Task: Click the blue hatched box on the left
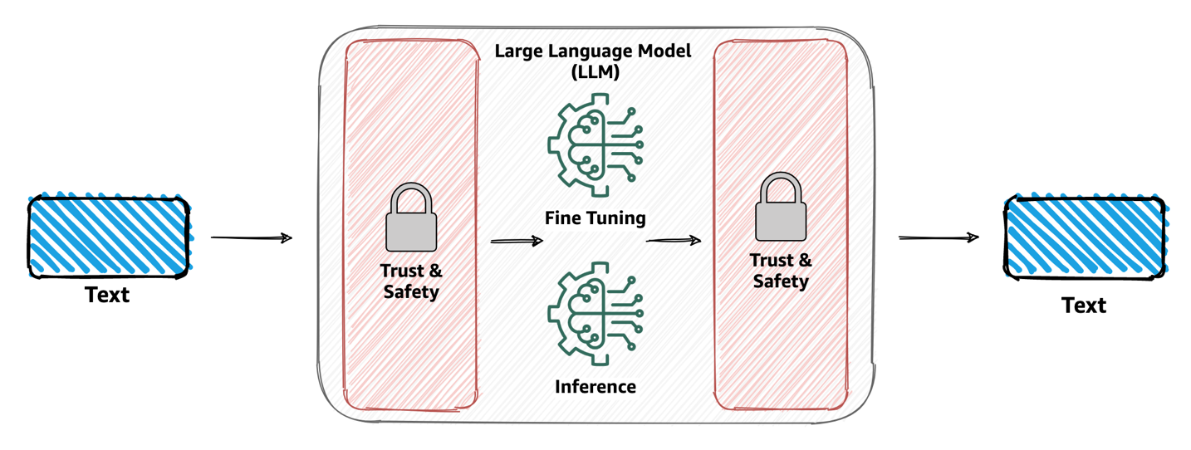[x=109, y=237]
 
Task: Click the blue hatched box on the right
[x=1084, y=237]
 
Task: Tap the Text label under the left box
[x=108, y=295]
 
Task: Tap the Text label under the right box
[x=1084, y=306]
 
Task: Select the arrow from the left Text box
[x=251, y=238]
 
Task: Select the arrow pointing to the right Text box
[x=939, y=238]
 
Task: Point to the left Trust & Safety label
[x=411, y=281]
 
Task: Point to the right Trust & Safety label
[x=781, y=271]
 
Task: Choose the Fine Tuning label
[x=595, y=218]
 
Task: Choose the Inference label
[x=595, y=386]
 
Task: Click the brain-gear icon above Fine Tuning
[x=595, y=144]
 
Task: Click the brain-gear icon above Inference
[x=595, y=311]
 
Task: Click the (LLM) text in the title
[x=594, y=72]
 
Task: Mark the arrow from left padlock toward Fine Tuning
[x=517, y=241]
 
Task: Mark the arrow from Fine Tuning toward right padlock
[x=674, y=241]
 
